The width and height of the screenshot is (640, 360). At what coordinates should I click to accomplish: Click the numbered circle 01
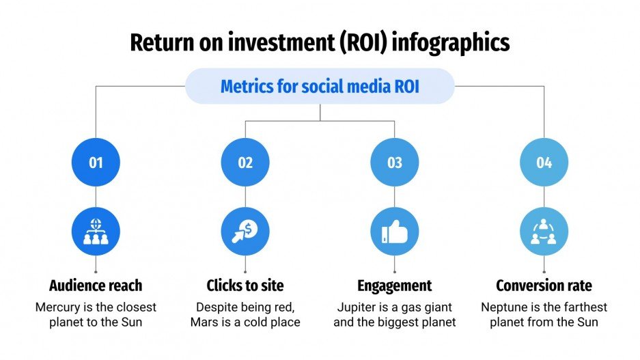96,163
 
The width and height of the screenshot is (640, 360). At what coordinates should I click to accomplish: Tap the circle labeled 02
245,163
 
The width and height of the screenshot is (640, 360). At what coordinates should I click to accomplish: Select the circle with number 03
395,163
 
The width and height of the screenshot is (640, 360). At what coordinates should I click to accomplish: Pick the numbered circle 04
544,163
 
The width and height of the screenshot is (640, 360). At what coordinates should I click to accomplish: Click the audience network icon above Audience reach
96,231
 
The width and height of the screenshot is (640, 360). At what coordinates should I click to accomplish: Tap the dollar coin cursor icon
245,231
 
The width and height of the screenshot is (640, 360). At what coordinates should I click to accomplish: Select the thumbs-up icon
395,231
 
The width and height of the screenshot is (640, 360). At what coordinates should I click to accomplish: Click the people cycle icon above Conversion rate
544,231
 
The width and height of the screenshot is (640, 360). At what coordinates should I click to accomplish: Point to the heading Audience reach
96,285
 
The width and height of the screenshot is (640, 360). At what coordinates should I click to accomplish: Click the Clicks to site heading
245,285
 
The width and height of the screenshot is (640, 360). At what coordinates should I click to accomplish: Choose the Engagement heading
395,285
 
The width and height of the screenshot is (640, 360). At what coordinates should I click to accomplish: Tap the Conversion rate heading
544,285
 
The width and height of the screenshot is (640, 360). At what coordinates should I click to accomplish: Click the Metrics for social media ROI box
320,87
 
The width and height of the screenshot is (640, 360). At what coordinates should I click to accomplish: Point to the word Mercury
59,307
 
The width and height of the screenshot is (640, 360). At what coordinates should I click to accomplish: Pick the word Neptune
504,307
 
